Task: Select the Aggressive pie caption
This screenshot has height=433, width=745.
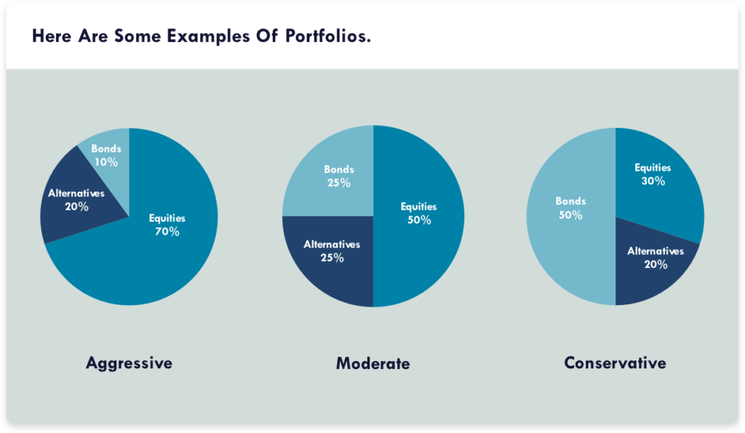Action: pos(129,363)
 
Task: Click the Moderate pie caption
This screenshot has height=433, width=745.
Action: pos(372,363)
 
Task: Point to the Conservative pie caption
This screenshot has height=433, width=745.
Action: pos(615,363)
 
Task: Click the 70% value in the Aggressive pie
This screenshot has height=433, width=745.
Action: pos(167,232)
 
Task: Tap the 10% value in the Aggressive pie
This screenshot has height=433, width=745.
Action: pos(106,162)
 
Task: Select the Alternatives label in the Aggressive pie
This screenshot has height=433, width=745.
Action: pos(76,193)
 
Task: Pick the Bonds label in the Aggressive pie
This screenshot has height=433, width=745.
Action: pos(106,149)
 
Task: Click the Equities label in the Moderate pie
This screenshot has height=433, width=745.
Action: pos(419,207)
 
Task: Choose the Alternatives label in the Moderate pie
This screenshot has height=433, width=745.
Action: pos(332,244)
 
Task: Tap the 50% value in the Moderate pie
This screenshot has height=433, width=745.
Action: pos(419,220)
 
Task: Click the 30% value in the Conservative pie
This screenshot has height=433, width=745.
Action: pos(653,181)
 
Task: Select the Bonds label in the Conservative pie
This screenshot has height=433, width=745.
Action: pos(570,201)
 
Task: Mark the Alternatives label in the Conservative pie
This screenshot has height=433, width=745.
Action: pos(656,251)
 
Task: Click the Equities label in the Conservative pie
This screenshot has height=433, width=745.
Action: pos(653,168)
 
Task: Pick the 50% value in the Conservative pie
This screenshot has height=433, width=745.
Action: pos(570,215)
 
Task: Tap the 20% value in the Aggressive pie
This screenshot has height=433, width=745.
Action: pos(76,206)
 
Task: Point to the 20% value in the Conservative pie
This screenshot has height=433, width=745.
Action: pos(656,264)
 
